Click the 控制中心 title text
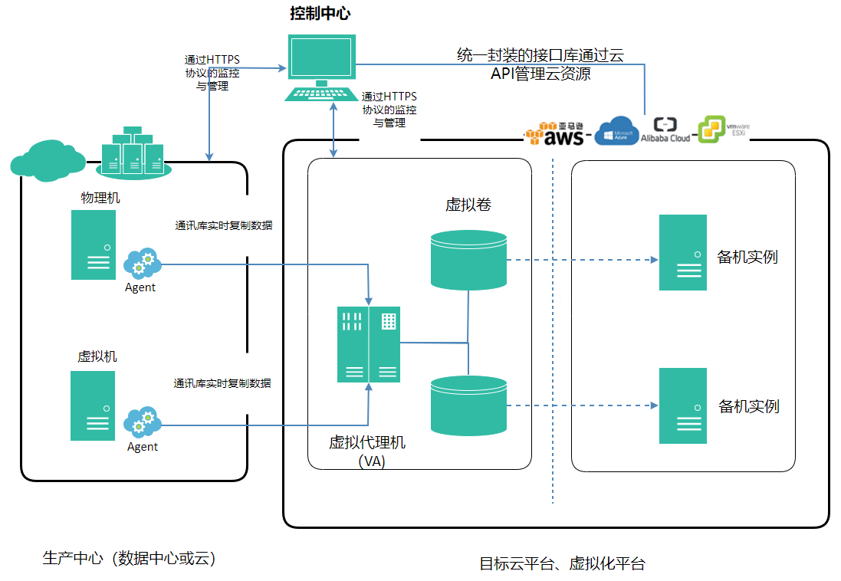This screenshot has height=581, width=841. (320, 13)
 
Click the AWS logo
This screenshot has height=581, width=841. (557, 133)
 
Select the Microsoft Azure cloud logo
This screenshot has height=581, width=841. (617, 130)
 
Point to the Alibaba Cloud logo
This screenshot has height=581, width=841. (665, 130)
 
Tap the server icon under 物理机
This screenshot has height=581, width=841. (94, 245)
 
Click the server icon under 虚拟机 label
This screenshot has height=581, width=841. (93, 405)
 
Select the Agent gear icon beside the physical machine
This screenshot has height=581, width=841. (142, 264)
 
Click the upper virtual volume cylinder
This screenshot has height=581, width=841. (468, 260)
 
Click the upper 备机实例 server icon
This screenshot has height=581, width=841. (683, 252)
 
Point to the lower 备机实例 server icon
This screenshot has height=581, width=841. (683, 405)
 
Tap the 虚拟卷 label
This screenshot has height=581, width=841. (468, 205)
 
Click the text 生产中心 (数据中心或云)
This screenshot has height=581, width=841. (129, 559)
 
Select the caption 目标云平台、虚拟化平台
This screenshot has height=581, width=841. (562, 564)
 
